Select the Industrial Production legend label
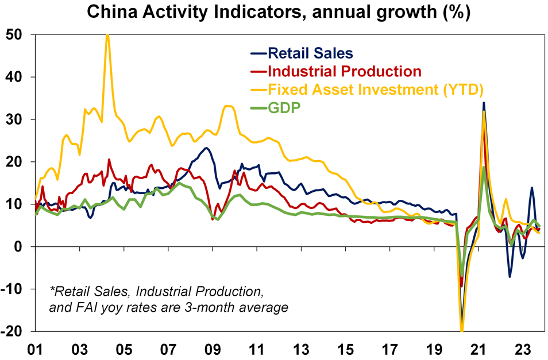pos(343,71)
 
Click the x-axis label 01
pos(36,348)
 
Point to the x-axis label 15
pos(345,348)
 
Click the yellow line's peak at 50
pos(107,35)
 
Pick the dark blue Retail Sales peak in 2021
pos(484,103)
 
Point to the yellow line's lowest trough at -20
pos(462,330)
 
